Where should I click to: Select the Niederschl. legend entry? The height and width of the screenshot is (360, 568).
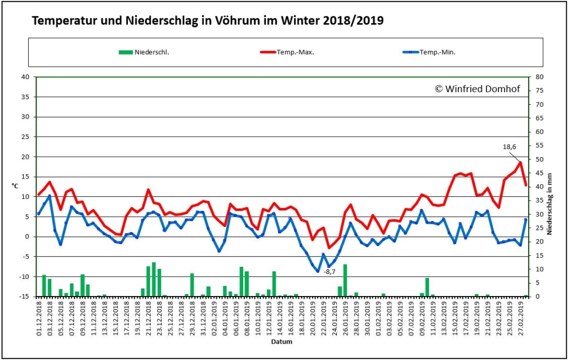pos(144,52)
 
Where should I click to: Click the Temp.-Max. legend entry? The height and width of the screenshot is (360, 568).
pos(287,52)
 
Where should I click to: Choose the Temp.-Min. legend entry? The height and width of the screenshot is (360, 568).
pos(429,52)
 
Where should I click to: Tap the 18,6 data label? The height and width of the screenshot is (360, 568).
pos(510,147)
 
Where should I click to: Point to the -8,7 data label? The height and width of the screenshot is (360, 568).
pos(329,272)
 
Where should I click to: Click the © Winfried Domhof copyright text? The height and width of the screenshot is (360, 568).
pos(478,89)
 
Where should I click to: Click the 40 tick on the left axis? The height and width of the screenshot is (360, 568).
pos(25,77)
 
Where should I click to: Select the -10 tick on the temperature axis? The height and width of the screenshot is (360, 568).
pos(24,277)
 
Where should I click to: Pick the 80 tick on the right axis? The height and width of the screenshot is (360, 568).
pos(539,77)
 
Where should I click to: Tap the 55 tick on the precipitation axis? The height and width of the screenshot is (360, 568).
pos(539,146)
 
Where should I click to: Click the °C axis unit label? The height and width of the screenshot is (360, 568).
pos(15,186)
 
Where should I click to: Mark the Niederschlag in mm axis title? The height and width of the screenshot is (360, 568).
pos(550,204)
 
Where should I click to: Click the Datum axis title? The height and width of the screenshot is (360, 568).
pos(282,341)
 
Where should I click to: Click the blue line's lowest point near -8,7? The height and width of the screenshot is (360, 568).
pos(318,271)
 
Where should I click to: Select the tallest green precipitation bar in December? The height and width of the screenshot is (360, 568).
pos(154,280)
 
